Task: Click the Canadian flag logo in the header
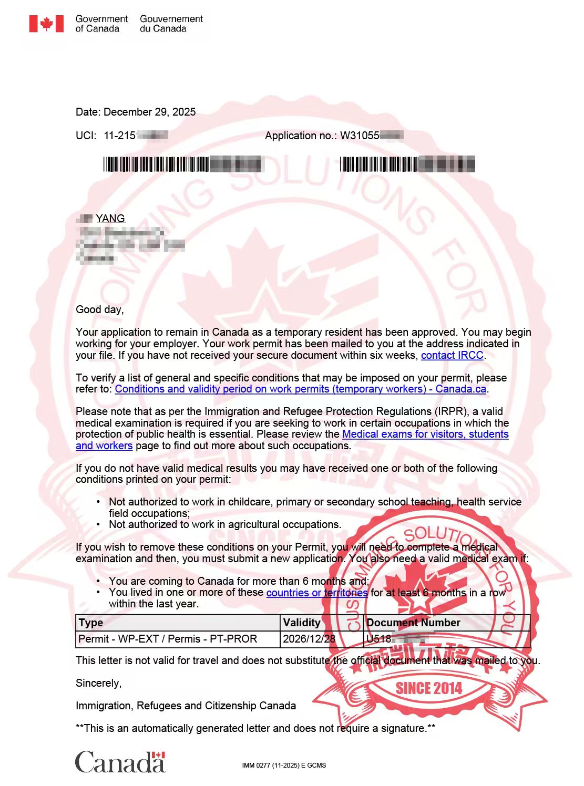click(x=46, y=24)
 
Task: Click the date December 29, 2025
click(x=149, y=112)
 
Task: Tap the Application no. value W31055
click(x=360, y=136)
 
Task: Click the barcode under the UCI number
click(x=182, y=164)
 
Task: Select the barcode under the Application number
click(x=407, y=164)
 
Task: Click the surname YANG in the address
click(x=110, y=218)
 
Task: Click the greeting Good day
click(x=99, y=309)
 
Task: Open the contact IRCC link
click(x=452, y=355)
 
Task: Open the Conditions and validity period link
click(x=300, y=389)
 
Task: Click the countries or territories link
click(x=316, y=593)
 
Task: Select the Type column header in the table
click(x=91, y=623)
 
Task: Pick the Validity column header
click(x=302, y=623)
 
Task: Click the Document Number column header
click(x=413, y=623)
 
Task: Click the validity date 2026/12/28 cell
click(x=309, y=639)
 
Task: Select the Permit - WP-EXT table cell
click(x=168, y=639)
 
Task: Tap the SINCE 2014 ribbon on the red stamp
click(x=428, y=688)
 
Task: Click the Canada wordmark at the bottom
click(x=120, y=762)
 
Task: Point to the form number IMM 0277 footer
click(x=284, y=766)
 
